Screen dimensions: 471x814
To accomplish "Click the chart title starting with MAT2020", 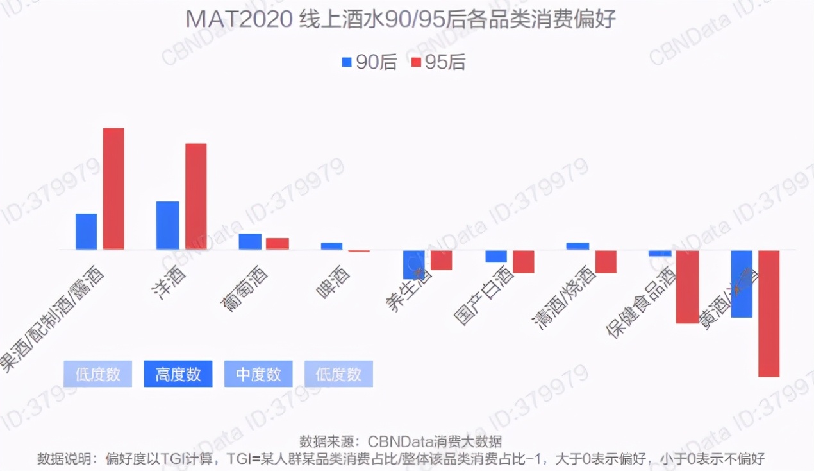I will click(401, 19).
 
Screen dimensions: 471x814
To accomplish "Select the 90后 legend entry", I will click(369, 62).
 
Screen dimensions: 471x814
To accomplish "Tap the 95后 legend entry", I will click(438, 62).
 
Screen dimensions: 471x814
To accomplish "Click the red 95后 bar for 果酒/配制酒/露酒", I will click(113, 189).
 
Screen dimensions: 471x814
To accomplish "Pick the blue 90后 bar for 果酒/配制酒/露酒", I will click(86, 232).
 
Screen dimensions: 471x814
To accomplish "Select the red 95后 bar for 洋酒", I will click(195, 196).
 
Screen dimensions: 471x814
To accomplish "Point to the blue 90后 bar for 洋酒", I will click(167, 225).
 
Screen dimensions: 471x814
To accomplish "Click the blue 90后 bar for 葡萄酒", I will click(250, 241).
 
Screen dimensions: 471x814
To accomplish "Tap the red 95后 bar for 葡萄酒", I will click(277, 244).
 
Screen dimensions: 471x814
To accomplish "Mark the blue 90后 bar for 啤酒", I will click(331, 246).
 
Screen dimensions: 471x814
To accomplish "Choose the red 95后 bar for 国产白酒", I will click(523, 262).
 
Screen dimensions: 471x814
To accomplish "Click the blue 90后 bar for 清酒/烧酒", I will click(577, 246).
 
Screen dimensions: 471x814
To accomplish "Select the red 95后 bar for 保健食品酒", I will click(687, 287).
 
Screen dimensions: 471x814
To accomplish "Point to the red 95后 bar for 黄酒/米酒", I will click(768, 313).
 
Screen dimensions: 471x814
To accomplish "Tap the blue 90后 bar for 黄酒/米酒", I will click(742, 284).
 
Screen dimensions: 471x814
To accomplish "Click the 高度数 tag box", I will click(178, 374).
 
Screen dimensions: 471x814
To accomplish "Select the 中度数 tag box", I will click(258, 374).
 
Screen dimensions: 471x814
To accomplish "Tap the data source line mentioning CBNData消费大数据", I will click(401, 441).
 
